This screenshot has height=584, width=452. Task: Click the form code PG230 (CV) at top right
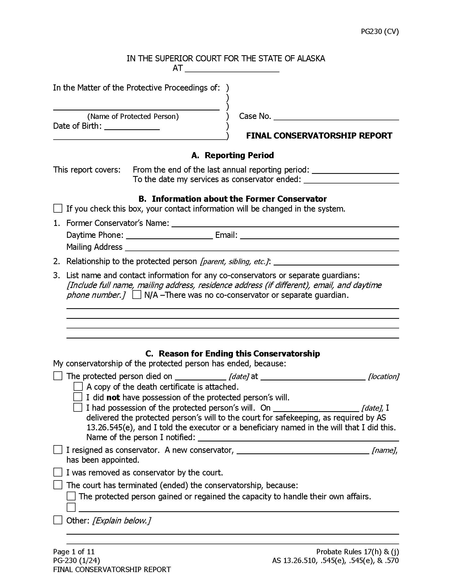coord(379,32)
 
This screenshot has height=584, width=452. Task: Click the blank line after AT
coord(232,69)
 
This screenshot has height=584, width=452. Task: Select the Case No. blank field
coord(336,117)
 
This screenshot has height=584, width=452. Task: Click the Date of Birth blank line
coord(132,126)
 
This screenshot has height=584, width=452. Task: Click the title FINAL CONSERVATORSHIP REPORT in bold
coord(319,136)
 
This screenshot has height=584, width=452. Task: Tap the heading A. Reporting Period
coord(232,155)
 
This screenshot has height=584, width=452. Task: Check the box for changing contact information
coord(58,208)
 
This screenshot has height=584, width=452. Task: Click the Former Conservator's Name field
coord(285,223)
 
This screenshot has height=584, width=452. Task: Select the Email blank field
coord(319,235)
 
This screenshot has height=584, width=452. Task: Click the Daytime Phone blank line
coord(169,235)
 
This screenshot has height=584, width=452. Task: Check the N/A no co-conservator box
coord(137,295)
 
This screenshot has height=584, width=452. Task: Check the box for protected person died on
coord(58,376)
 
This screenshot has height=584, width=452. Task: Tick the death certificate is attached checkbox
coord(78,387)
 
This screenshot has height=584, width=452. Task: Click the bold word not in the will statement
coord(113,397)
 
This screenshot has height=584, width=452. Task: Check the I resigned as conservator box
coord(58,450)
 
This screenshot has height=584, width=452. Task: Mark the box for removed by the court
coord(58,472)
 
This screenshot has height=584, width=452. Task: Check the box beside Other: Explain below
coord(58,520)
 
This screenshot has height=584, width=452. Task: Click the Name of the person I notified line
coord(298,437)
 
